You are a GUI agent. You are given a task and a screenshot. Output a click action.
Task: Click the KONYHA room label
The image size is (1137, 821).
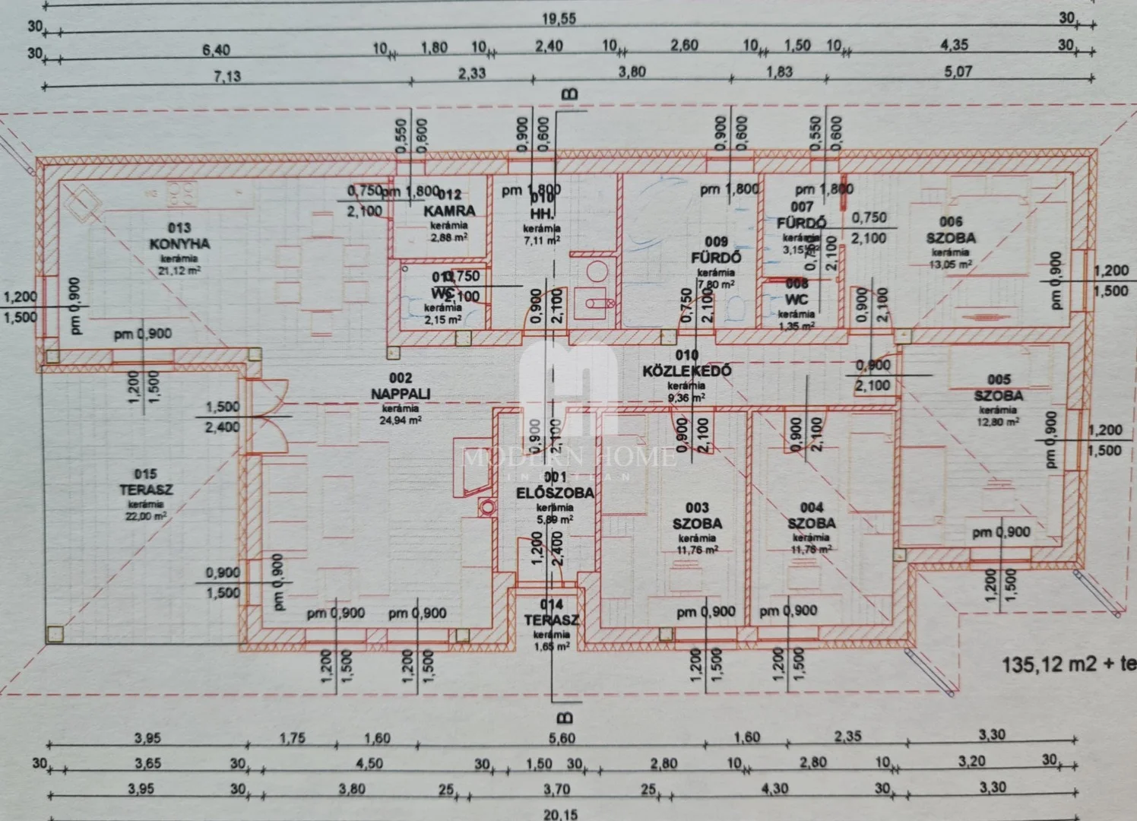[179, 244]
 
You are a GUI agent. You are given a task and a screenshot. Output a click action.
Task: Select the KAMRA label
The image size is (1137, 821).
[450, 211]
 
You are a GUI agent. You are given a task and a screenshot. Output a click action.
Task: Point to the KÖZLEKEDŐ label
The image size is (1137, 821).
[687, 371]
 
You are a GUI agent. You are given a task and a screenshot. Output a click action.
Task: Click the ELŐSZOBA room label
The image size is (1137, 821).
[555, 493]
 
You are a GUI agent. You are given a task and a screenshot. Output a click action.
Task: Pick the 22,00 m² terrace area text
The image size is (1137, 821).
[147, 516]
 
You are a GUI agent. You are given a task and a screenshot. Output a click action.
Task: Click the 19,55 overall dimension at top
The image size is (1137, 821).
[559, 19]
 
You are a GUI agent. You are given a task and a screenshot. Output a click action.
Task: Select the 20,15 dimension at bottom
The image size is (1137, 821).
[560, 814]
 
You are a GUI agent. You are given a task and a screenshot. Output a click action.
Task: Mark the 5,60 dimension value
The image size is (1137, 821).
[562, 737]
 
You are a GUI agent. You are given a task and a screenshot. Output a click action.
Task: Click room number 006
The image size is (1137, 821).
[951, 222]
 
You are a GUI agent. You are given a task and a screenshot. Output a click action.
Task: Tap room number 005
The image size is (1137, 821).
[999, 379]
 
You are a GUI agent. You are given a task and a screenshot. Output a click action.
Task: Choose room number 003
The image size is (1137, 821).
[697, 508]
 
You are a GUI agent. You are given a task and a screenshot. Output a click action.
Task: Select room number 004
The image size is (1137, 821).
[812, 508]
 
